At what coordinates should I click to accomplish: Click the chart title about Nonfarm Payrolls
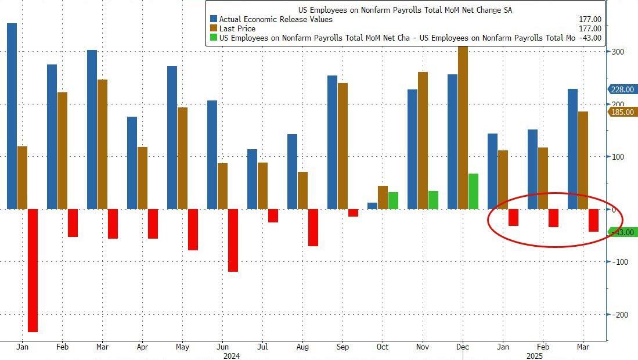tap(405, 10)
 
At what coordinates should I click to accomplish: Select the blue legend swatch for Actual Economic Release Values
tap(213, 19)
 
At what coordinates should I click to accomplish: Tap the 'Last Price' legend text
tap(237, 28)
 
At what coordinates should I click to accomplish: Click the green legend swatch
tap(213, 38)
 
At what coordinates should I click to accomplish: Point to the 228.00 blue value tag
tap(622, 89)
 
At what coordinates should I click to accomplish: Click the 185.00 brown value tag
tap(622, 112)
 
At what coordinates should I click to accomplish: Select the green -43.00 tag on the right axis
tap(622, 232)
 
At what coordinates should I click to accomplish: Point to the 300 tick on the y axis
tap(618, 52)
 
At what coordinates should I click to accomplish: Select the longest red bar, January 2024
tap(33, 270)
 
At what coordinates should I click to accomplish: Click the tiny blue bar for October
tap(372, 206)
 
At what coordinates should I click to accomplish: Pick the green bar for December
tap(473, 191)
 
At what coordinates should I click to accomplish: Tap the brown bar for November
tap(423, 140)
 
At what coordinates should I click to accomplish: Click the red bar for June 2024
tap(233, 240)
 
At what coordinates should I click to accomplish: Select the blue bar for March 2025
tap(572, 149)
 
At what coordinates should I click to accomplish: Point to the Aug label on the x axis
tap(302, 347)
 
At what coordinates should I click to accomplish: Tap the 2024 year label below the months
tap(232, 355)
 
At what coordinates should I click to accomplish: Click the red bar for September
tap(353, 213)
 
